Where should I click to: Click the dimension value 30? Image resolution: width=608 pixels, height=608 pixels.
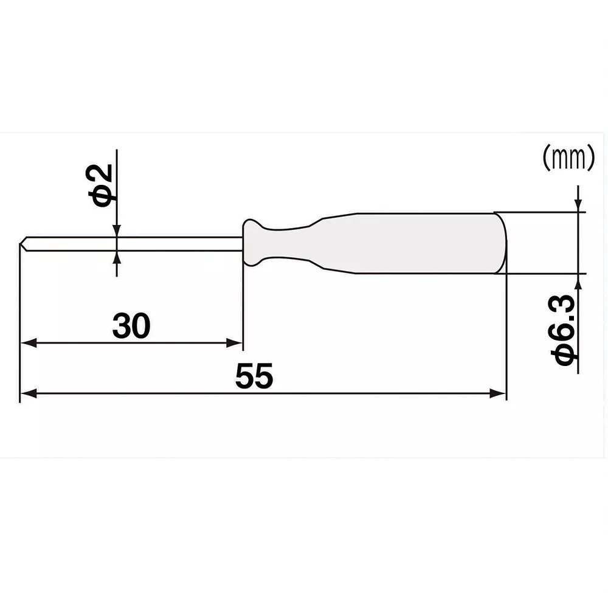(x=130, y=327)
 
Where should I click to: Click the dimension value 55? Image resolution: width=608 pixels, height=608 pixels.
(x=255, y=378)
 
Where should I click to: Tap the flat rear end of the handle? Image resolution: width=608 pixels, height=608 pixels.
(x=503, y=243)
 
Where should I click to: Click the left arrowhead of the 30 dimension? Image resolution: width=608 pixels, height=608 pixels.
(x=27, y=343)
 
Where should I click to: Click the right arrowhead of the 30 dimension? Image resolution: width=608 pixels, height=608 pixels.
(x=237, y=343)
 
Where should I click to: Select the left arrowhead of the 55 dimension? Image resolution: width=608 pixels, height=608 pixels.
(x=27, y=394)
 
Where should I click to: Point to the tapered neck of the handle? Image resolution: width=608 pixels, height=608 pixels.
(x=304, y=243)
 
